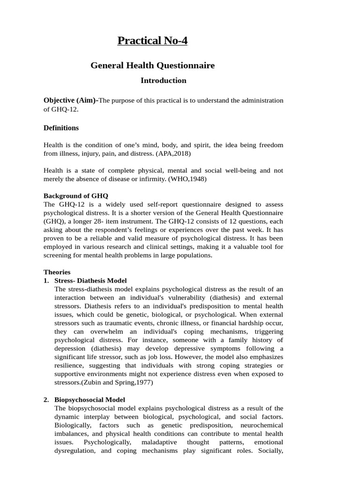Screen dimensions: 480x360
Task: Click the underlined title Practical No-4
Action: click(x=152, y=41)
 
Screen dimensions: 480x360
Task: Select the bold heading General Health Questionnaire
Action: click(x=152, y=66)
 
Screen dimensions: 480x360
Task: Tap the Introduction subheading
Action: click(x=163, y=81)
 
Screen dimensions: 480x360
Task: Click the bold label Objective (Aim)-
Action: click(x=71, y=100)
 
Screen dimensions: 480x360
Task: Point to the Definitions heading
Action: click(x=61, y=128)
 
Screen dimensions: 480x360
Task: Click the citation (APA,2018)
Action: click(x=173, y=153)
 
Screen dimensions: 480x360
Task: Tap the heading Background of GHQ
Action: click(x=75, y=196)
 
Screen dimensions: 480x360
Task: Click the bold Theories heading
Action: click(x=57, y=272)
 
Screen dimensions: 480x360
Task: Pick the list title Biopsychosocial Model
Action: click(x=90, y=400)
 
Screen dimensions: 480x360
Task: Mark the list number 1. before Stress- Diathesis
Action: click(x=46, y=281)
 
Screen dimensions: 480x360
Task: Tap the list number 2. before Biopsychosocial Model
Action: click(x=46, y=400)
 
